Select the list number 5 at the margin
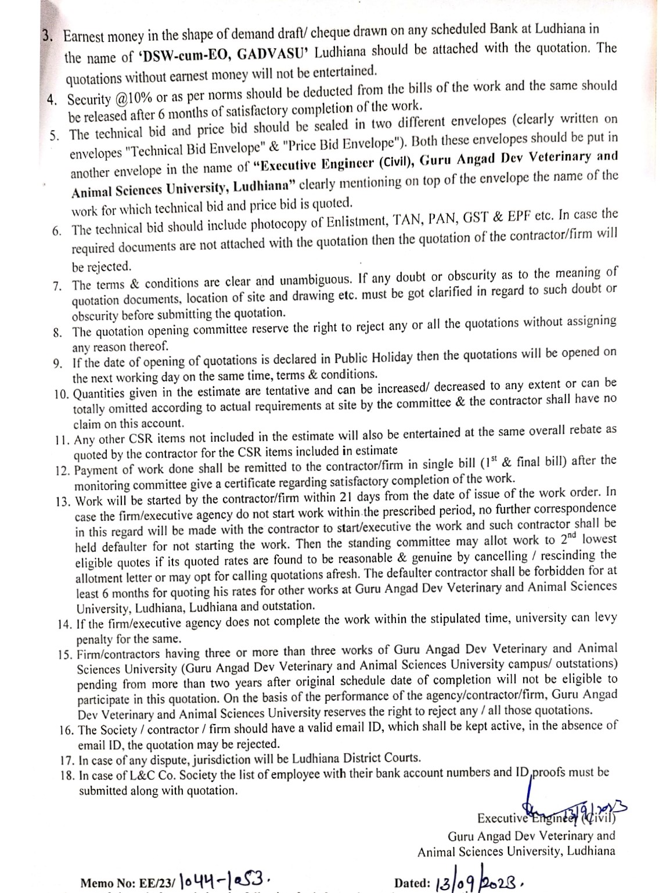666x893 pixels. [x=55, y=136]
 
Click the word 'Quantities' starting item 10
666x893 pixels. [x=103, y=394]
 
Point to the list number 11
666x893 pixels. [x=62, y=440]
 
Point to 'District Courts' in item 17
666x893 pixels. [x=384, y=758]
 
